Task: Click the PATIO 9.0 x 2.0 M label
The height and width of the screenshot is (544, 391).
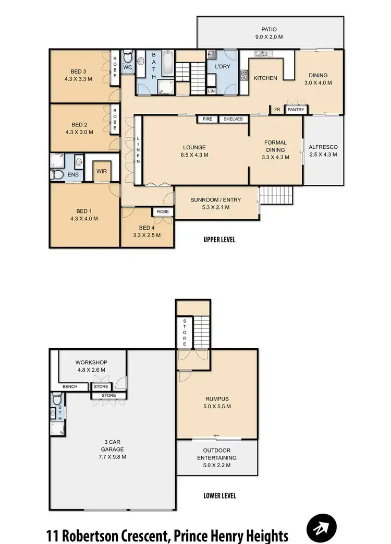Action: [270, 33]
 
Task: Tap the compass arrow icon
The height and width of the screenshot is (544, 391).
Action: [322, 528]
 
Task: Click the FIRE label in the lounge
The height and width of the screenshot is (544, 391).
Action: [207, 119]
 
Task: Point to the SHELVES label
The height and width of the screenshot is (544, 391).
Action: [233, 119]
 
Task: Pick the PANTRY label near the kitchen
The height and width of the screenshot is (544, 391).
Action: [295, 110]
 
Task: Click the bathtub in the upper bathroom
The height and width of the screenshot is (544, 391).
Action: [167, 65]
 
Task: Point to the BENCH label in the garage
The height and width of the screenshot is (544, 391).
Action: [70, 387]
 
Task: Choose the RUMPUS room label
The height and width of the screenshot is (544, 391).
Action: [217, 403]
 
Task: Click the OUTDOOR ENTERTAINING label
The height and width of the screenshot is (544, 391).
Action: [217, 457]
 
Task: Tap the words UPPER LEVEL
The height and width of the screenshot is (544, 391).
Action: [219, 240]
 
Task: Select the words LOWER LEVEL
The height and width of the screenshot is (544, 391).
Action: [219, 495]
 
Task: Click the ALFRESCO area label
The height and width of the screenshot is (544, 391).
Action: [323, 151]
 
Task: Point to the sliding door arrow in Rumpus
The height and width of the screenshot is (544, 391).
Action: [216, 436]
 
